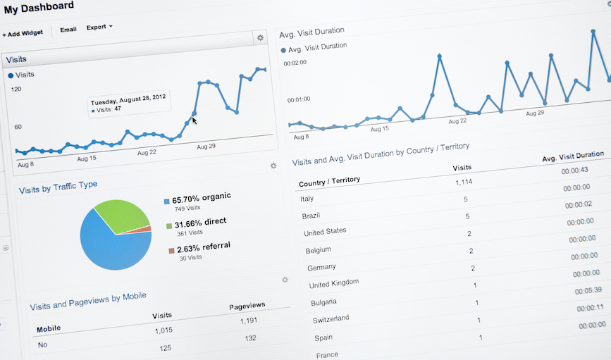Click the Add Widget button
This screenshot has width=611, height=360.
(23, 32)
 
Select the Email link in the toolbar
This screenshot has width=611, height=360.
(68, 30)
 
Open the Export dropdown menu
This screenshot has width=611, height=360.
(99, 27)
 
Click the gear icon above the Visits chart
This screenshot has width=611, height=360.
(260, 38)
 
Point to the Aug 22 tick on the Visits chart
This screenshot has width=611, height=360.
(147, 152)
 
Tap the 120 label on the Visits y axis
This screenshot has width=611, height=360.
(16, 89)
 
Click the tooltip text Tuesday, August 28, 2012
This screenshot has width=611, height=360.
(128, 97)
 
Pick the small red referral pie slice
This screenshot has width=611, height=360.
(146, 229)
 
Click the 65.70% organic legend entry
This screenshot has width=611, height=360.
(200, 198)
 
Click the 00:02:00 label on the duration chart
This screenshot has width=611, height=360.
(295, 63)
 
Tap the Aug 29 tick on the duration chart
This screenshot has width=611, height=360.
(535, 113)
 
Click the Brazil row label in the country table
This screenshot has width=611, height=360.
(311, 216)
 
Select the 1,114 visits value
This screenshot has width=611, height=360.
(463, 183)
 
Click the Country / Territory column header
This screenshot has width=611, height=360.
(329, 182)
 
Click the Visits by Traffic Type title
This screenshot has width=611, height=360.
(58, 187)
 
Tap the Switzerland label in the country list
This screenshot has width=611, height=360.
(331, 319)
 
